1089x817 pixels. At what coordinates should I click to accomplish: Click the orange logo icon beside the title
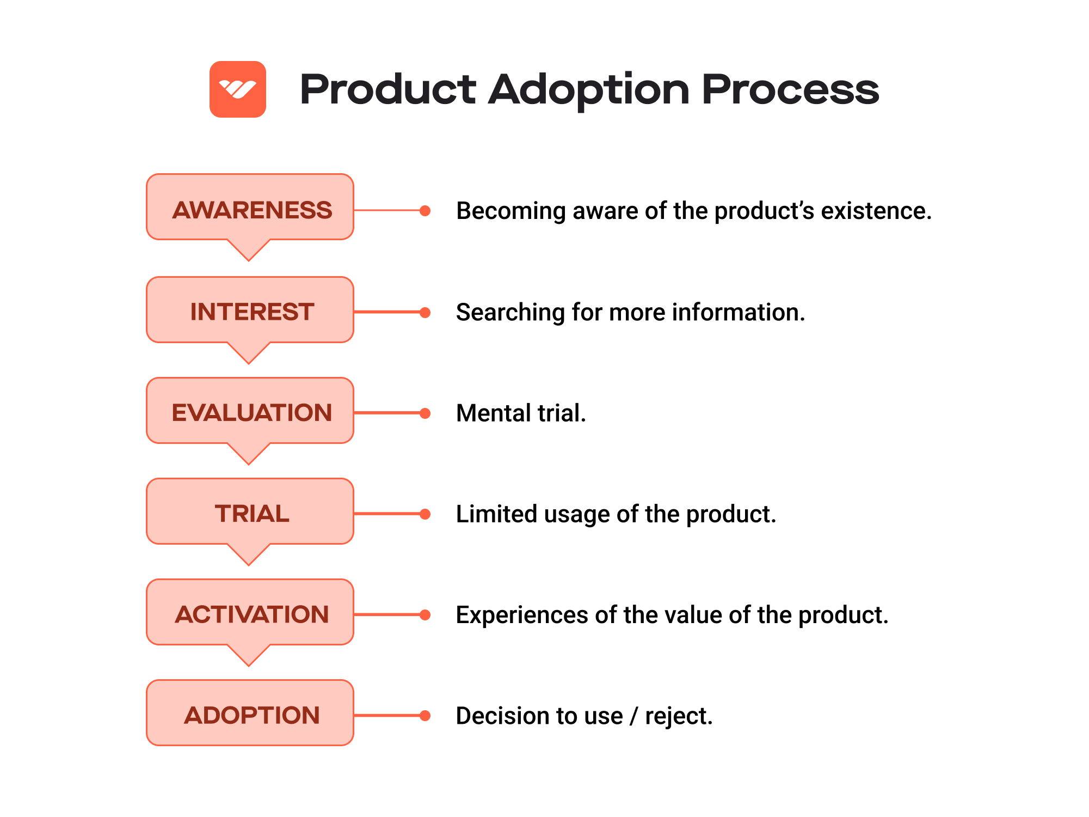[x=237, y=89]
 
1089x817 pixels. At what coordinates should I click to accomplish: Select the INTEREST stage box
[x=250, y=311]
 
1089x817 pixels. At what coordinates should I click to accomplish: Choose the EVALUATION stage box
[x=250, y=412]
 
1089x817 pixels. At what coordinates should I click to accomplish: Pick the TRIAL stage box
[x=250, y=513]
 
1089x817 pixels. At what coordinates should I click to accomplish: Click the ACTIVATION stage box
[x=250, y=613]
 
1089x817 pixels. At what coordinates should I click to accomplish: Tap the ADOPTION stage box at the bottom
[x=250, y=714]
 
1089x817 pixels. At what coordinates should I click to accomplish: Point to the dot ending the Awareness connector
[x=426, y=211]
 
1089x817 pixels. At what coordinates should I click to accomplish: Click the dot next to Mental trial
[x=426, y=413]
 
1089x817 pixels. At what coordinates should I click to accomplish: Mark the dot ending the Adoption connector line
[x=426, y=716]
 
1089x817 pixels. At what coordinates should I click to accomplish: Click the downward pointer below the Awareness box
[x=249, y=250]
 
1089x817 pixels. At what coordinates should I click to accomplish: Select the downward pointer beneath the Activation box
[x=249, y=655]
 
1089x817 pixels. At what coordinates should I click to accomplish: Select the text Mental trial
[x=521, y=413]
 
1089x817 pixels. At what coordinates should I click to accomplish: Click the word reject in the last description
[x=678, y=716]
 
